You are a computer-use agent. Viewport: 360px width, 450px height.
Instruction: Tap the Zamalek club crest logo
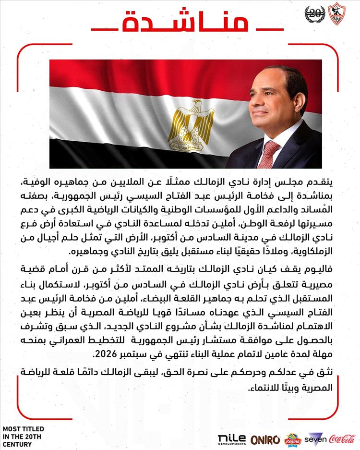(336, 14)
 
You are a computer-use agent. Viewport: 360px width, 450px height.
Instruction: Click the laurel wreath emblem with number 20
(315, 14)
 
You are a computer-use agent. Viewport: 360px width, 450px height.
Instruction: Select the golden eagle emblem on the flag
(184, 125)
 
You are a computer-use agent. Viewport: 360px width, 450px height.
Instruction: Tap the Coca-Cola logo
(342, 438)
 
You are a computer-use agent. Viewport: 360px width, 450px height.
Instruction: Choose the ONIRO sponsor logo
(266, 439)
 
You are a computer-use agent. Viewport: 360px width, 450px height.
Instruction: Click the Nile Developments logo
(232, 439)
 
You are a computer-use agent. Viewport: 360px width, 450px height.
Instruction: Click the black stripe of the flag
(144, 154)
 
